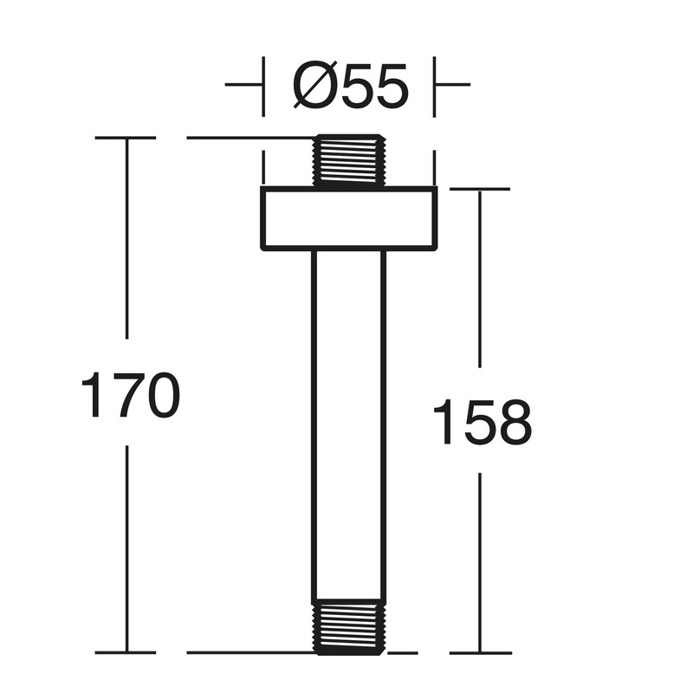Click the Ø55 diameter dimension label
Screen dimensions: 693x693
click(x=350, y=86)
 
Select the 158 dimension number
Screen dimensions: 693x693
click(x=481, y=422)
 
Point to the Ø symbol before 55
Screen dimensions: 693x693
click(x=312, y=86)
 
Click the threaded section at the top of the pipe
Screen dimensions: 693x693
click(x=349, y=161)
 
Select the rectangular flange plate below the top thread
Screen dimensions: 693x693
click(x=349, y=218)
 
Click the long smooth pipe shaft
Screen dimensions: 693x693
click(x=349, y=424)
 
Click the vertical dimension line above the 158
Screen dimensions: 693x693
click(x=480, y=277)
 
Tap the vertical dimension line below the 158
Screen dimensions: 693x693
click(x=480, y=563)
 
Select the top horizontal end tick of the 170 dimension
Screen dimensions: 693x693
click(x=126, y=138)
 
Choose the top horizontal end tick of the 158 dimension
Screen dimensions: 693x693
click(x=480, y=189)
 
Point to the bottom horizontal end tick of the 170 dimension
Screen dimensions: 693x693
click(x=126, y=652)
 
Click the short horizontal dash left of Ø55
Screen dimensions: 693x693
click(x=243, y=85)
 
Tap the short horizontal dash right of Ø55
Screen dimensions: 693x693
click(x=452, y=85)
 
